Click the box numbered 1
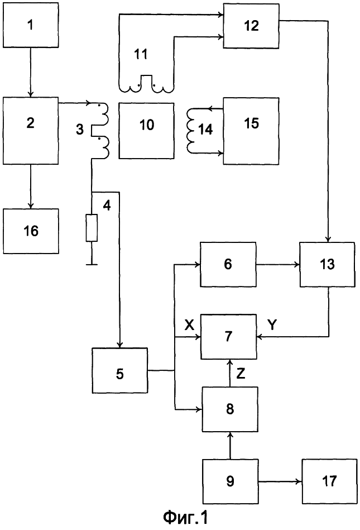tap(30, 25)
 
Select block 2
tap(30, 131)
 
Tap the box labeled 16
tap(30, 231)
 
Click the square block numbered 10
tap(147, 131)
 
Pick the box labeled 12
tap(251, 26)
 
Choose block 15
tap(251, 131)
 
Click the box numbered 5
tap(120, 370)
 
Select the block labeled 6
tap(228, 264)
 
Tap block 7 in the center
tap(229, 336)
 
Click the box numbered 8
tap(231, 409)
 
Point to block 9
tap(231, 481)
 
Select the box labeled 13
tap(328, 264)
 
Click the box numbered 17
tap(330, 481)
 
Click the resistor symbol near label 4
tap(92, 228)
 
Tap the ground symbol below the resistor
tap(92, 264)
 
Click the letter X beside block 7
tap(189, 325)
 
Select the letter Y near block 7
tap(272, 325)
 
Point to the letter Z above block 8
tap(241, 374)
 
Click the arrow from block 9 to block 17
tap(280, 481)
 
